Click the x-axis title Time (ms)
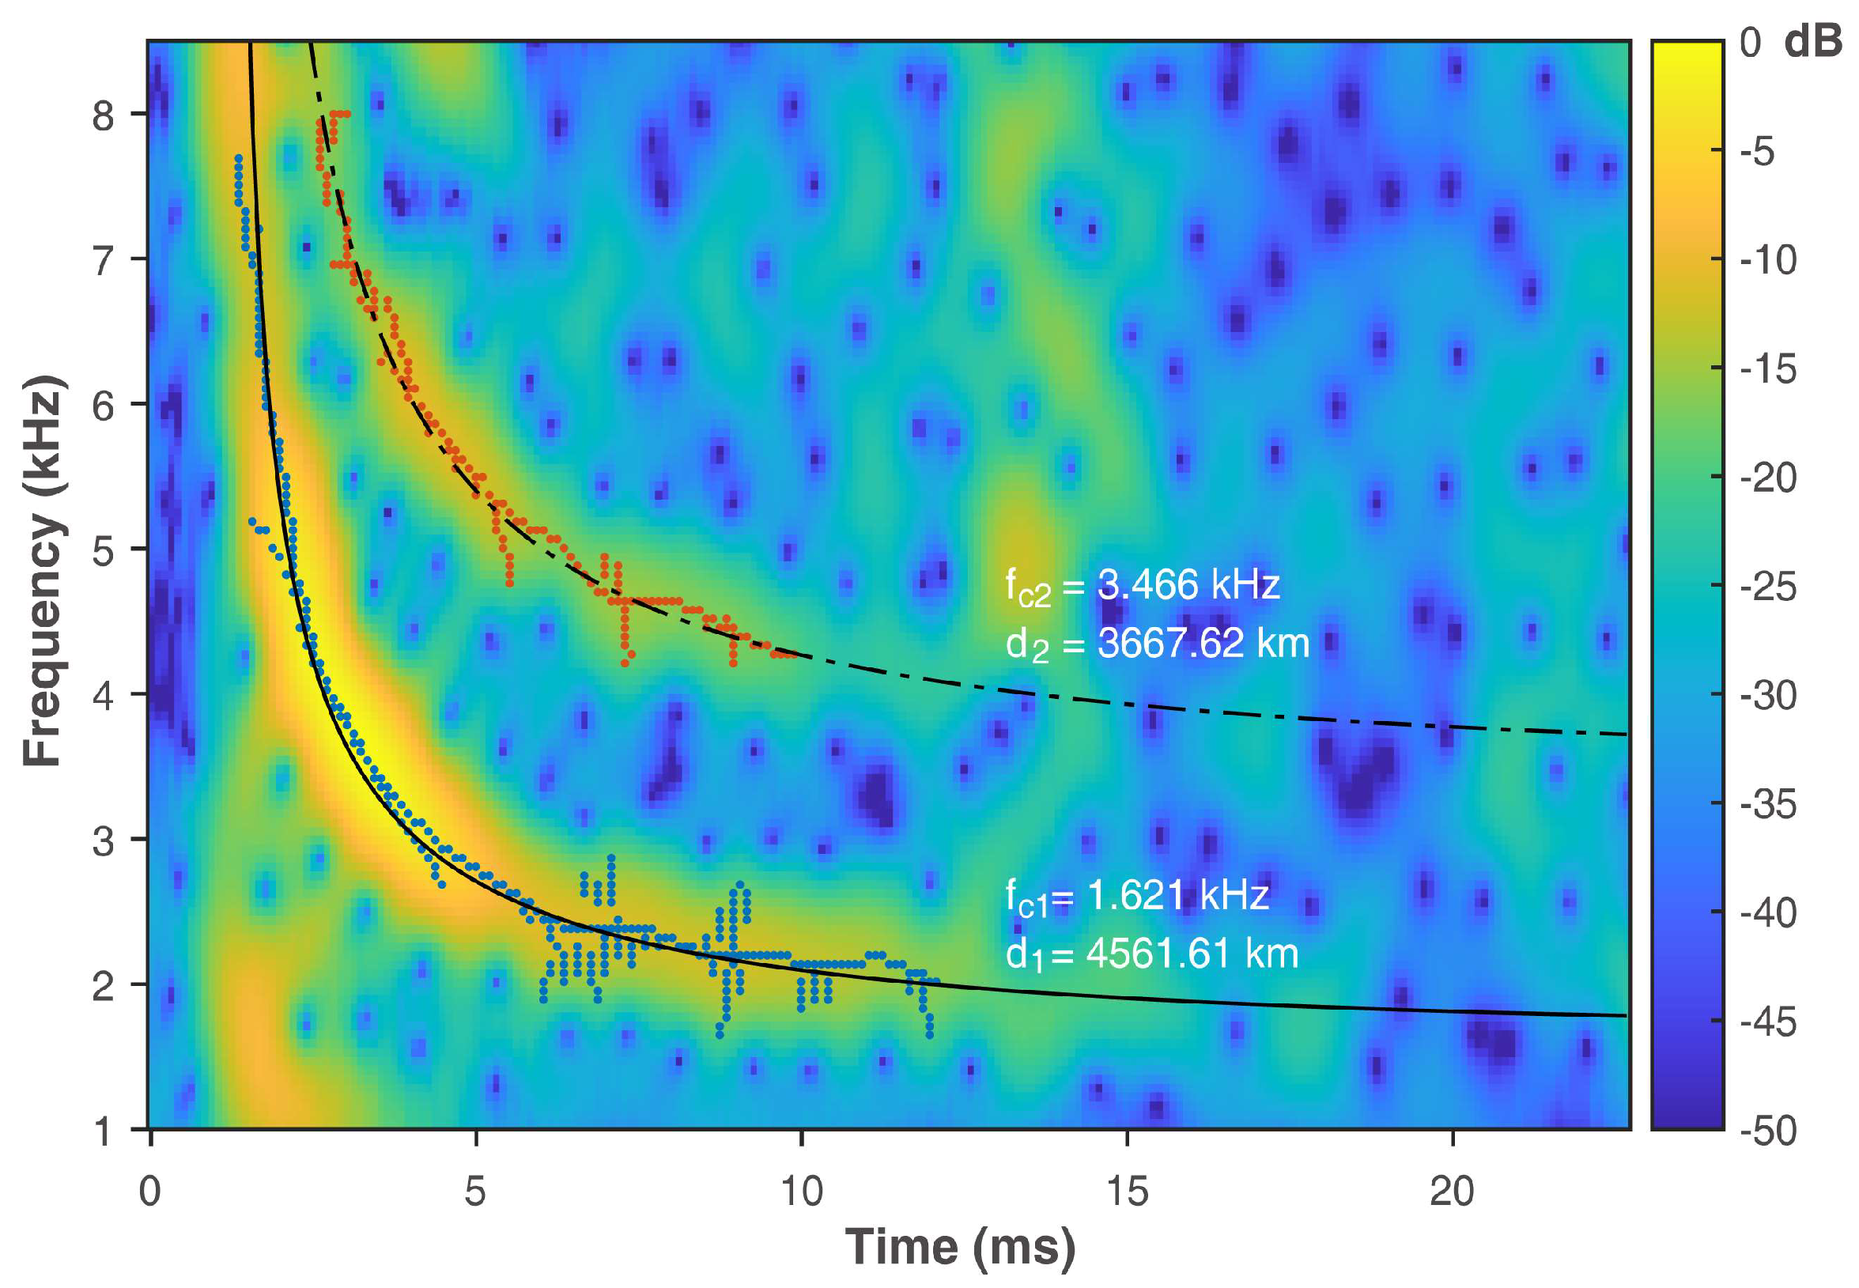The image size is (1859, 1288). tap(960, 1248)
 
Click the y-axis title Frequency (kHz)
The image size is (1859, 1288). tap(43, 571)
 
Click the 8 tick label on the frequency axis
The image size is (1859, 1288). tap(103, 115)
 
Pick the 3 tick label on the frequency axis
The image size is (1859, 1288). tap(103, 841)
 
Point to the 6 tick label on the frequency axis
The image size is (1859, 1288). tap(103, 406)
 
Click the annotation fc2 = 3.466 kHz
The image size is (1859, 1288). tap(1142, 586)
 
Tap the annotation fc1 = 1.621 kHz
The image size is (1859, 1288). tap(1137, 897)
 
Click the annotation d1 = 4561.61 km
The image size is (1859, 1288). tap(1151, 954)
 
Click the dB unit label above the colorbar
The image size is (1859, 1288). tap(1812, 41)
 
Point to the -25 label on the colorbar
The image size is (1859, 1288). tap(1768, 587)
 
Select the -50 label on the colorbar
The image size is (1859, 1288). tap(1768, 1131)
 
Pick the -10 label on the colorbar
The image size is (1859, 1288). tap(1768, 260)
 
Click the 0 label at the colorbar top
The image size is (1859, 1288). tap(1750, 41)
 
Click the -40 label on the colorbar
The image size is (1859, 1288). tap(1768, 912)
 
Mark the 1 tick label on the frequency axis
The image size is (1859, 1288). tap(103, 1131)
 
